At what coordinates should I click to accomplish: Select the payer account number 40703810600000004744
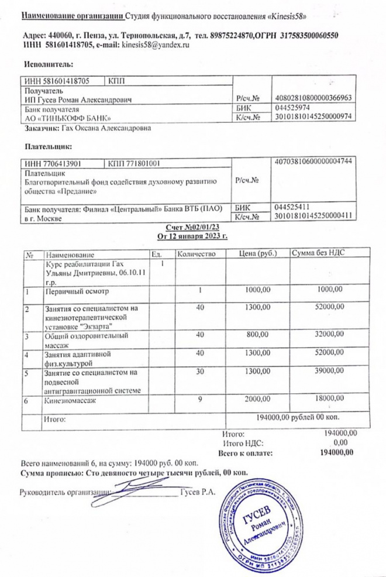coord(312,161)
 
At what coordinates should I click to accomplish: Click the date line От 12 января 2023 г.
coord(192,236)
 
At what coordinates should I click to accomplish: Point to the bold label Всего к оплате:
coord(246,452)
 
